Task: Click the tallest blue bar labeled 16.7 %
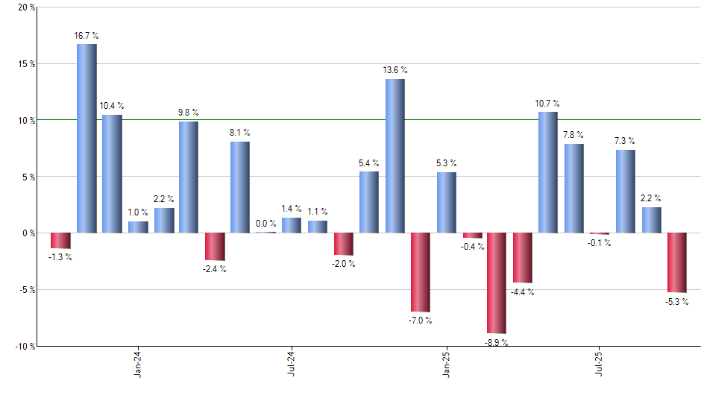pyautogui.click(x=87, y=139)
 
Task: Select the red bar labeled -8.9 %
pyautogui.click(x=497, y=283)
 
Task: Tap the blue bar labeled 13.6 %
pyautogui.click(x=395, y=156)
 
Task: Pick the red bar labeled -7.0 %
pyautogui.click(x=421, y=272)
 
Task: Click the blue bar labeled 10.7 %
pyautogui.click(x=548, y=172)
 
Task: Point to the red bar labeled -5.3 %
pyautogui.click(x=677, y=262)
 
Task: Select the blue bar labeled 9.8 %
pyautogui.click(x=189, y=177)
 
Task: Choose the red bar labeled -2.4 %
pyautogui.click(x=215, y=247)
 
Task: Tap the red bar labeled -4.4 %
pyautogui.click(x=522, y=258)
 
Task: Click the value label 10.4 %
pyautogui.click(x=113, y=106)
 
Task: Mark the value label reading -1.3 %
pyautogui.click(x=60, y=258)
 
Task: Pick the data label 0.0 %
pyautogui.click(x=266, y=223)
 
